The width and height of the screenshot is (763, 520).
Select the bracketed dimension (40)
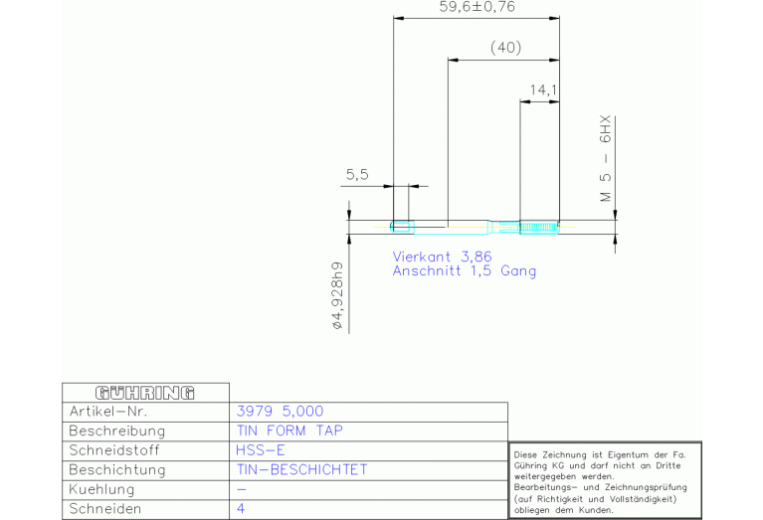[505, 49]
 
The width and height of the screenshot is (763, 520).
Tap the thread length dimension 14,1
[542, 90]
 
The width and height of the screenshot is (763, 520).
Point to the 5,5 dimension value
[357, 175]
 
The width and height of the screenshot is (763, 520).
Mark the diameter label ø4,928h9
[338, 295]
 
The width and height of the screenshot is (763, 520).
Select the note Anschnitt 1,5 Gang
[464, 270]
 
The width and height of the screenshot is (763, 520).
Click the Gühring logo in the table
[144, 392]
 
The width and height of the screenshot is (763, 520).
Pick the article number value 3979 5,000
[281, 411]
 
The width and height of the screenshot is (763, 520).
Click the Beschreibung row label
[116, 431]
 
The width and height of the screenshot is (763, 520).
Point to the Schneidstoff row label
[116, 449]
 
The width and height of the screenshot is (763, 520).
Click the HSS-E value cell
[261, 449]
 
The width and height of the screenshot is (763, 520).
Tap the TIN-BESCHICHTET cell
[302, 469]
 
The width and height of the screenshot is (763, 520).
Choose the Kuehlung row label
[102, 489]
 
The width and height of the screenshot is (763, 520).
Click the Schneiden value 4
[242, 508]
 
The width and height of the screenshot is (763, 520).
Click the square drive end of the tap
[401, 227]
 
